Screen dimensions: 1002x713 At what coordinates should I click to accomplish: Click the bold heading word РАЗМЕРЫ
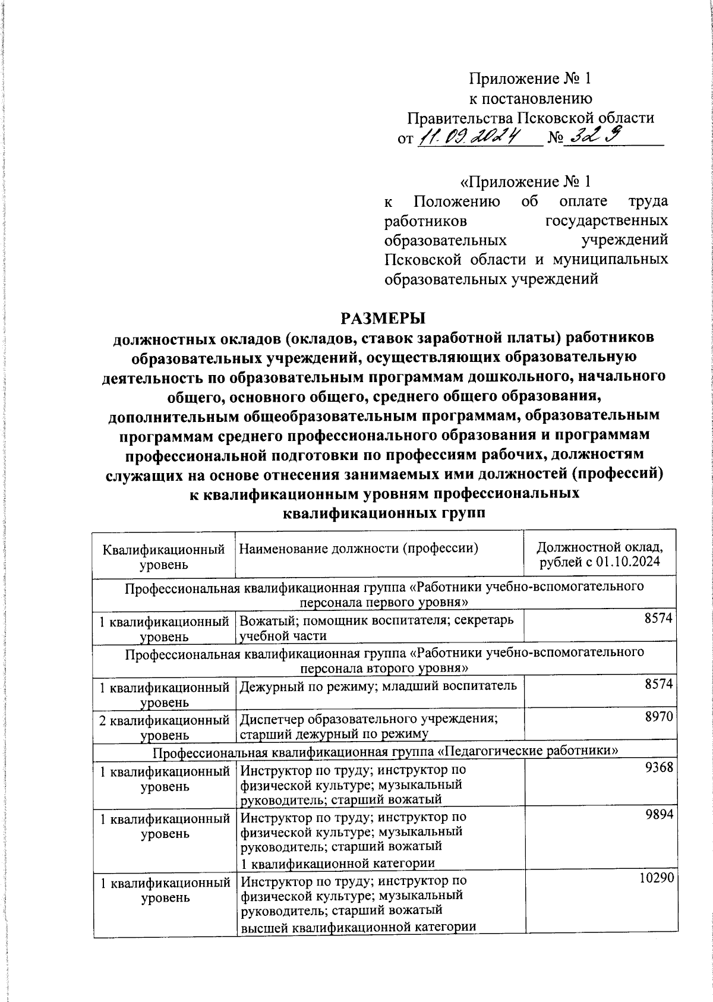pyautogui.click(x=383, y=318)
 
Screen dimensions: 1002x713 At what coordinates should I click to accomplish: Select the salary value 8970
pyautogui.click(x=659, y=717)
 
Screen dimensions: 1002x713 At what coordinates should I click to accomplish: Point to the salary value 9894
pyautogui.click(x=659, y=815)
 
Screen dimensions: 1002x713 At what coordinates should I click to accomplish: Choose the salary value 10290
pyautogui.click(x=656, y=878)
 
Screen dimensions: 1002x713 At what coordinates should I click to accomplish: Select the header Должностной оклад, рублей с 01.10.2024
pyautogui.click(x=600, y=554)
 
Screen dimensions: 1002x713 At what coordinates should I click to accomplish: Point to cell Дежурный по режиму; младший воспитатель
pyautogui.click(x=378, y=686)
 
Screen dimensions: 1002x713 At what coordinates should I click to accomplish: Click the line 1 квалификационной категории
pyautogui.click(x=337, y=862)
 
